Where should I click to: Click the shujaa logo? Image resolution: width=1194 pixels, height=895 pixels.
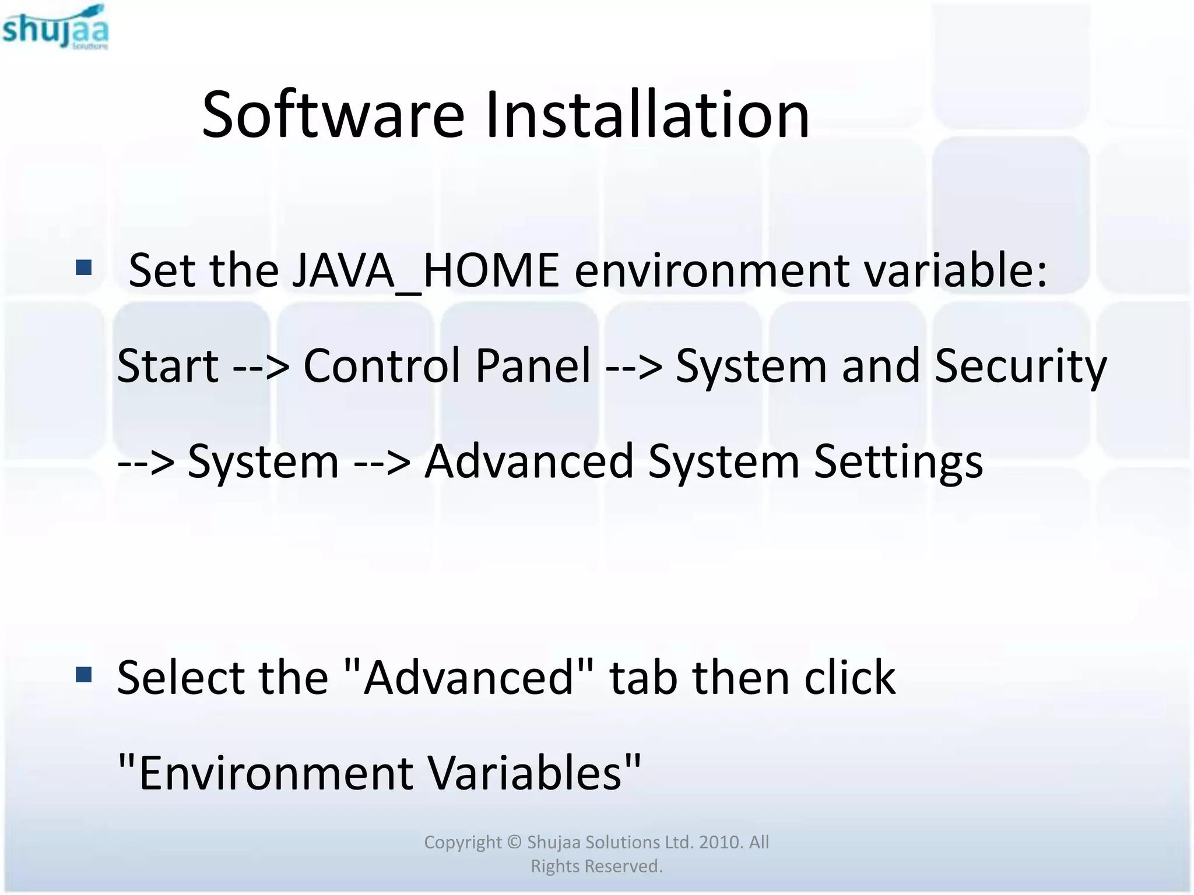tap(55, 27)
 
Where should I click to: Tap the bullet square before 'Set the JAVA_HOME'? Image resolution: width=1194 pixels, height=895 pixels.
tap(84, 267)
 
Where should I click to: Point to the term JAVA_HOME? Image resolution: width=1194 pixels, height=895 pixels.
tap(425, 270)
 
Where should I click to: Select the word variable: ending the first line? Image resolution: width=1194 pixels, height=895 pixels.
tap(956, 270)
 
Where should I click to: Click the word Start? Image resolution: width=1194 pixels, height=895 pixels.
tap(168, 366)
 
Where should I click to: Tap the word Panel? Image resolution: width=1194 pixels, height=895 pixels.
tap(533, 366)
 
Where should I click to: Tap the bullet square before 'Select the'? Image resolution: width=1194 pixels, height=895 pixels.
tap(84, 675)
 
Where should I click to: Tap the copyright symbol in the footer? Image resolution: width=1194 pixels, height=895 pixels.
tap(514, 843)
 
